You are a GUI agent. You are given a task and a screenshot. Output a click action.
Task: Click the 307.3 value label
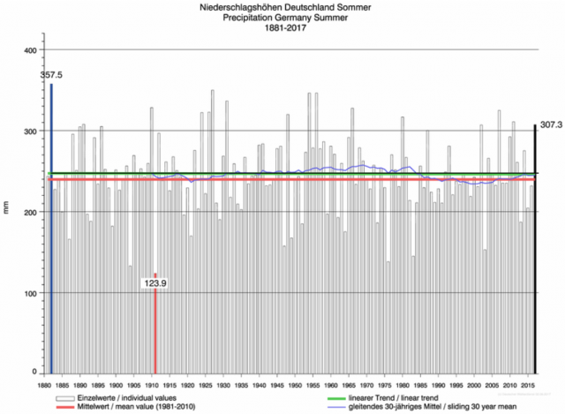point(550,125)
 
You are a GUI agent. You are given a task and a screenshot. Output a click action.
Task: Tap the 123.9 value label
point(157,283)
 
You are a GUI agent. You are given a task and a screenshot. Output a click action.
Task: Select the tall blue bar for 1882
point(51,230)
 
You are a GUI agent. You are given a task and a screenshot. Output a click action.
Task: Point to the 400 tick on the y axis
point(30,50)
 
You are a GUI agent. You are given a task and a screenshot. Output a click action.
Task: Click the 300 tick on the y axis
point(30,132)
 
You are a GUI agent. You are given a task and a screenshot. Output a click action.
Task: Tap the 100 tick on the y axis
point(30,293)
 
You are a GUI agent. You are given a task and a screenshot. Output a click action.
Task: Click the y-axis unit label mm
point(8,209)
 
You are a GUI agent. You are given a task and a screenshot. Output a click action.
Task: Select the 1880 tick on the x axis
point(44,385)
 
